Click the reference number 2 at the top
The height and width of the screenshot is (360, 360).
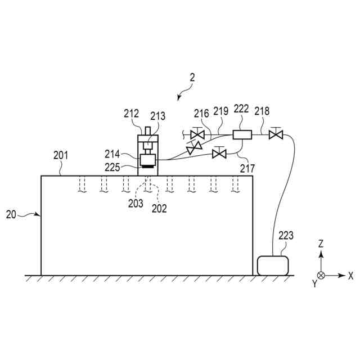pyautogui.click(x=192, y=79)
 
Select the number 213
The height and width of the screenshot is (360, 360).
pyautogui.click(x=157, y=116)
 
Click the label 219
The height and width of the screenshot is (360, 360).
pyautogui.click(x=220, y=111)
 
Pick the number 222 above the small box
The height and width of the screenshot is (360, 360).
pyautogui.click(x=241, y=109)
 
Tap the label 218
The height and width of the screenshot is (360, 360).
pyautogui.click(x=262, y=111)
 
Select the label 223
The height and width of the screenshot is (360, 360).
pyautogui.click(x=285, y=236)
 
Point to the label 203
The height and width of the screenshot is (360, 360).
pyautogui.click(x=136, y=204)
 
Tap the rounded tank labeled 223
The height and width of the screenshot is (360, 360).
pyautogui.click(x=273, y=265)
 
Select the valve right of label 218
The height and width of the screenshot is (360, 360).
pyautogui.click(x=276, y=135)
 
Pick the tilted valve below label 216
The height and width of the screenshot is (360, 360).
pyautogui.click(x=194, y=148)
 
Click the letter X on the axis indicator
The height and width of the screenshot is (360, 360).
pyautogui.click(x=350, y=276)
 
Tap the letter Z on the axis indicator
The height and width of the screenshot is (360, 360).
pyautogui.click(x=321, y=244)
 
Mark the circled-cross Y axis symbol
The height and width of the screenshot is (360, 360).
pyautogui.click(x=321, y=276)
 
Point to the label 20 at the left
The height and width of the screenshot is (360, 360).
pyautogui.click(x=11, y=214)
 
